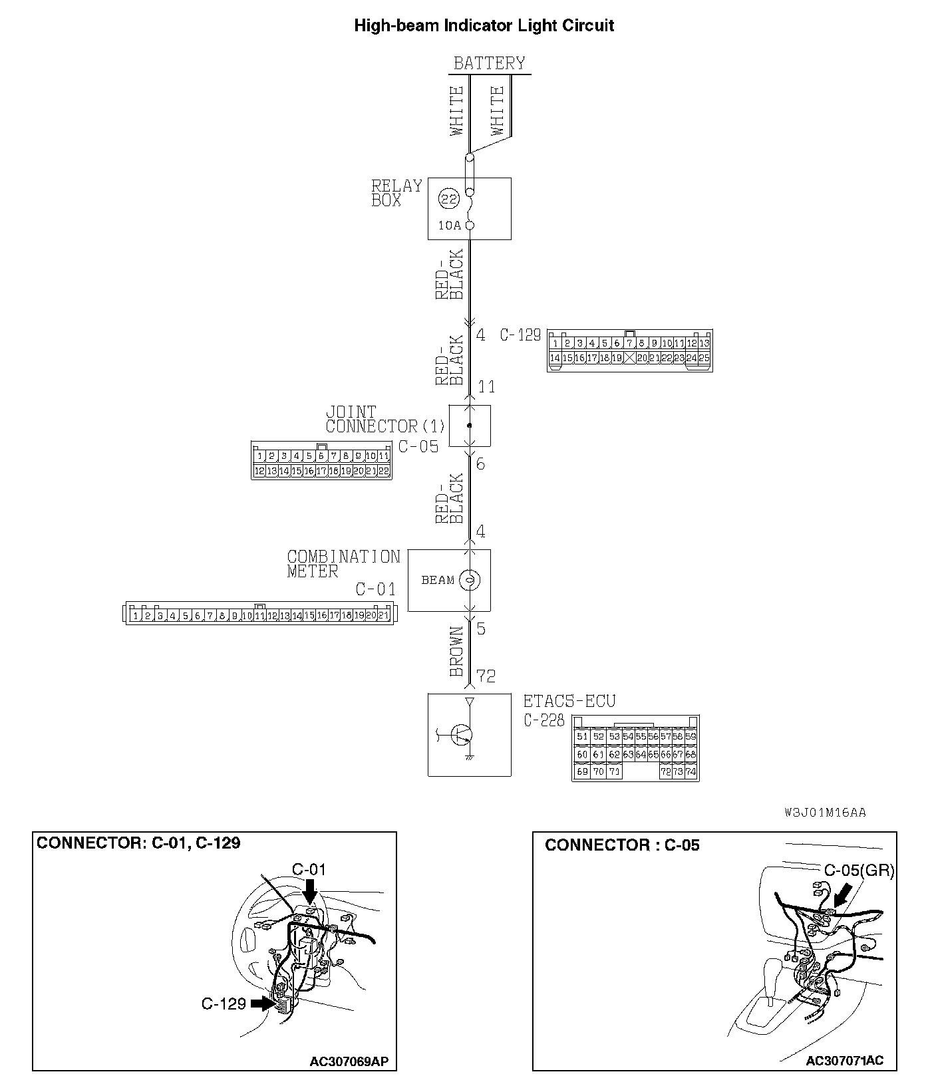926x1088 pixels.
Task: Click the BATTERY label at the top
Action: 489,63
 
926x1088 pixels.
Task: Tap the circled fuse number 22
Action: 449,198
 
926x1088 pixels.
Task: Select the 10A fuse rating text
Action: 449,225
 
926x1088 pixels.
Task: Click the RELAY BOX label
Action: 396,193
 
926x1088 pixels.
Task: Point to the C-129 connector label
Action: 520,335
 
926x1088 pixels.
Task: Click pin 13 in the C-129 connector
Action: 704,344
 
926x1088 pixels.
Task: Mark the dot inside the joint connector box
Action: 470,425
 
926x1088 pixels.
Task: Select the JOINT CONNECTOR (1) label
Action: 384,420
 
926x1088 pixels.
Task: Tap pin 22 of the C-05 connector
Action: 383,471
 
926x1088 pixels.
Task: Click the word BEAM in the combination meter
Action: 438,580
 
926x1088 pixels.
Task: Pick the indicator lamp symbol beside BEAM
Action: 469,580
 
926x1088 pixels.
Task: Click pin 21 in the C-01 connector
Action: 383,616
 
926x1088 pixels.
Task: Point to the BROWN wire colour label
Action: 456,651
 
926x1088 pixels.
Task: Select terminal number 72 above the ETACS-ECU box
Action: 486,676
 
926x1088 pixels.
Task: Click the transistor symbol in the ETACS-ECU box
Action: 460,735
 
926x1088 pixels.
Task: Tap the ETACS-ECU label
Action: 569,701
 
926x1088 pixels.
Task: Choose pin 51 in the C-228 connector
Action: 582,737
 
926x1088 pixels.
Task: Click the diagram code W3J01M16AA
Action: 825,813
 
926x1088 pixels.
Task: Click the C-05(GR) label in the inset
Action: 859,871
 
